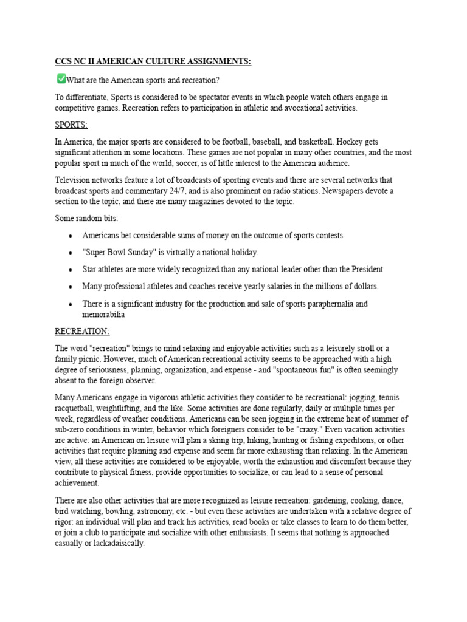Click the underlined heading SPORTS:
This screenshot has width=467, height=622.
coord(71,125)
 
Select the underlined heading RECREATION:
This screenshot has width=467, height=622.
coord(82,332)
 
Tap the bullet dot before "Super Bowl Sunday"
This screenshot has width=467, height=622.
coord(71,252)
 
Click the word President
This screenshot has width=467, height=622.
coord(364,269)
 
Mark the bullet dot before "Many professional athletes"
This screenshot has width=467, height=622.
coord(71,286)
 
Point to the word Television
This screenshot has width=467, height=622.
coord(74,180)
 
